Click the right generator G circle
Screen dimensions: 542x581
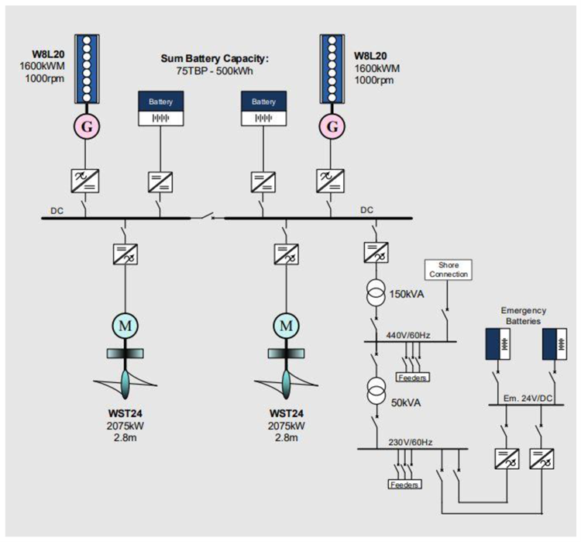333,125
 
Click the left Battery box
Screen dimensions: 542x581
161,109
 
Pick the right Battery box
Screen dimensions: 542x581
263,109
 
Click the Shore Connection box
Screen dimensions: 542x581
448,270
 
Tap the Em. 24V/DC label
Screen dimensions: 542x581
523,397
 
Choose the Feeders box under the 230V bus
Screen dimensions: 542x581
404,485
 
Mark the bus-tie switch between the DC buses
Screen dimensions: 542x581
205,217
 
